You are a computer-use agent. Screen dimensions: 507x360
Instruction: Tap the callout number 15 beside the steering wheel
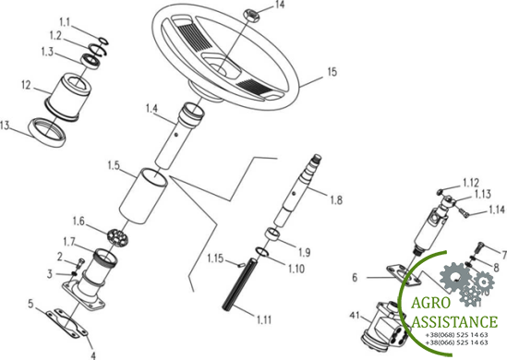pyautogui.click(x=332, y=72)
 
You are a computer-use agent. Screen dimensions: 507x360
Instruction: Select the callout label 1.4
pyautogui.click(x=151, y=108)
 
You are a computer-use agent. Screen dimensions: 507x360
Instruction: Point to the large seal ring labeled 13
pyautogui.click(x=47, y=132)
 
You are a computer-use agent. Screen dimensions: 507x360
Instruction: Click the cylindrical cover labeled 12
pyautogui.click(x=66, y=96)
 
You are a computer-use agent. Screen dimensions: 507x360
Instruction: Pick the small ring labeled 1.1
pyautogui.click(x=104, y=41)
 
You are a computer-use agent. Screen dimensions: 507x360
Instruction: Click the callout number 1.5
pyautogui.click(x=114, y=166)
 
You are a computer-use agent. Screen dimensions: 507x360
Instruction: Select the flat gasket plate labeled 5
pyautogui.click(x=66, y=323)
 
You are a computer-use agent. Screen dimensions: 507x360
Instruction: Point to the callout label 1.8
pyautogui.click(x=336, y=200)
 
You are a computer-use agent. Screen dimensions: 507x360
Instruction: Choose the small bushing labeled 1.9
pyautogui.click(x=272, y=234)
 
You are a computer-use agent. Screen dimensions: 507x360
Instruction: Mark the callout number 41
pyautogui.click(x=355, y=315)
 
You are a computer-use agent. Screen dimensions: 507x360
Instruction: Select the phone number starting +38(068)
pyautogui.click(x=456, y=335)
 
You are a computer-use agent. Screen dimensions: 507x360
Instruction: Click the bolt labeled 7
pyautogui.click(x=480, y=247)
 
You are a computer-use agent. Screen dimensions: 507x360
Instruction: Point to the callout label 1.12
pyautogui.click(x=470, y=183)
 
